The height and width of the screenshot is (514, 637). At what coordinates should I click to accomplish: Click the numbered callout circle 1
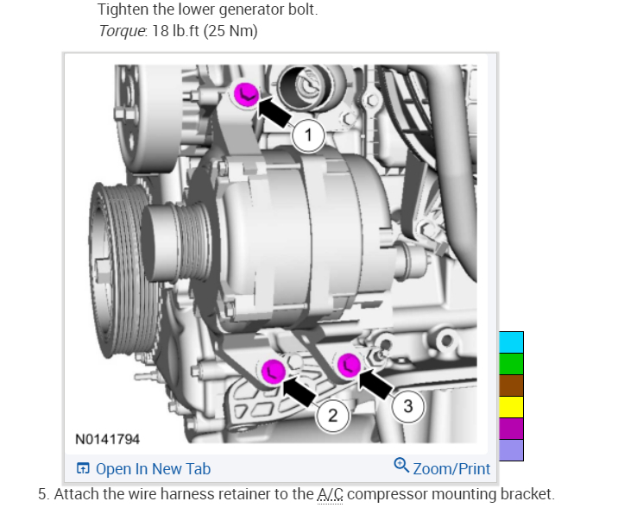pyautogui.click(x=308, y=135)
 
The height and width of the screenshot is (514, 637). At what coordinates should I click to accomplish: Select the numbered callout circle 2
pyautogui.click(x=332, y=416)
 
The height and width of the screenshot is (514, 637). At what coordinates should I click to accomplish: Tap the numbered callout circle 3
pyautogui.click(x=408, y=406)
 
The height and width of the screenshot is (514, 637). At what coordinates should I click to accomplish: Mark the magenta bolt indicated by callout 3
pyautogui.click(x=349, y=365)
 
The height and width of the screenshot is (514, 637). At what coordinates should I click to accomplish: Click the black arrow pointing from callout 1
pyautogui.click(x=275, y=111)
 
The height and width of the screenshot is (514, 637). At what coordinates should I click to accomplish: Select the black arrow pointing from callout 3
pyautogui.click(x=376, y=382)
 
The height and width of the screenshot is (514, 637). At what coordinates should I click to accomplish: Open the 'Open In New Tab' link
pyautogui.click(x=143, y=469)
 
